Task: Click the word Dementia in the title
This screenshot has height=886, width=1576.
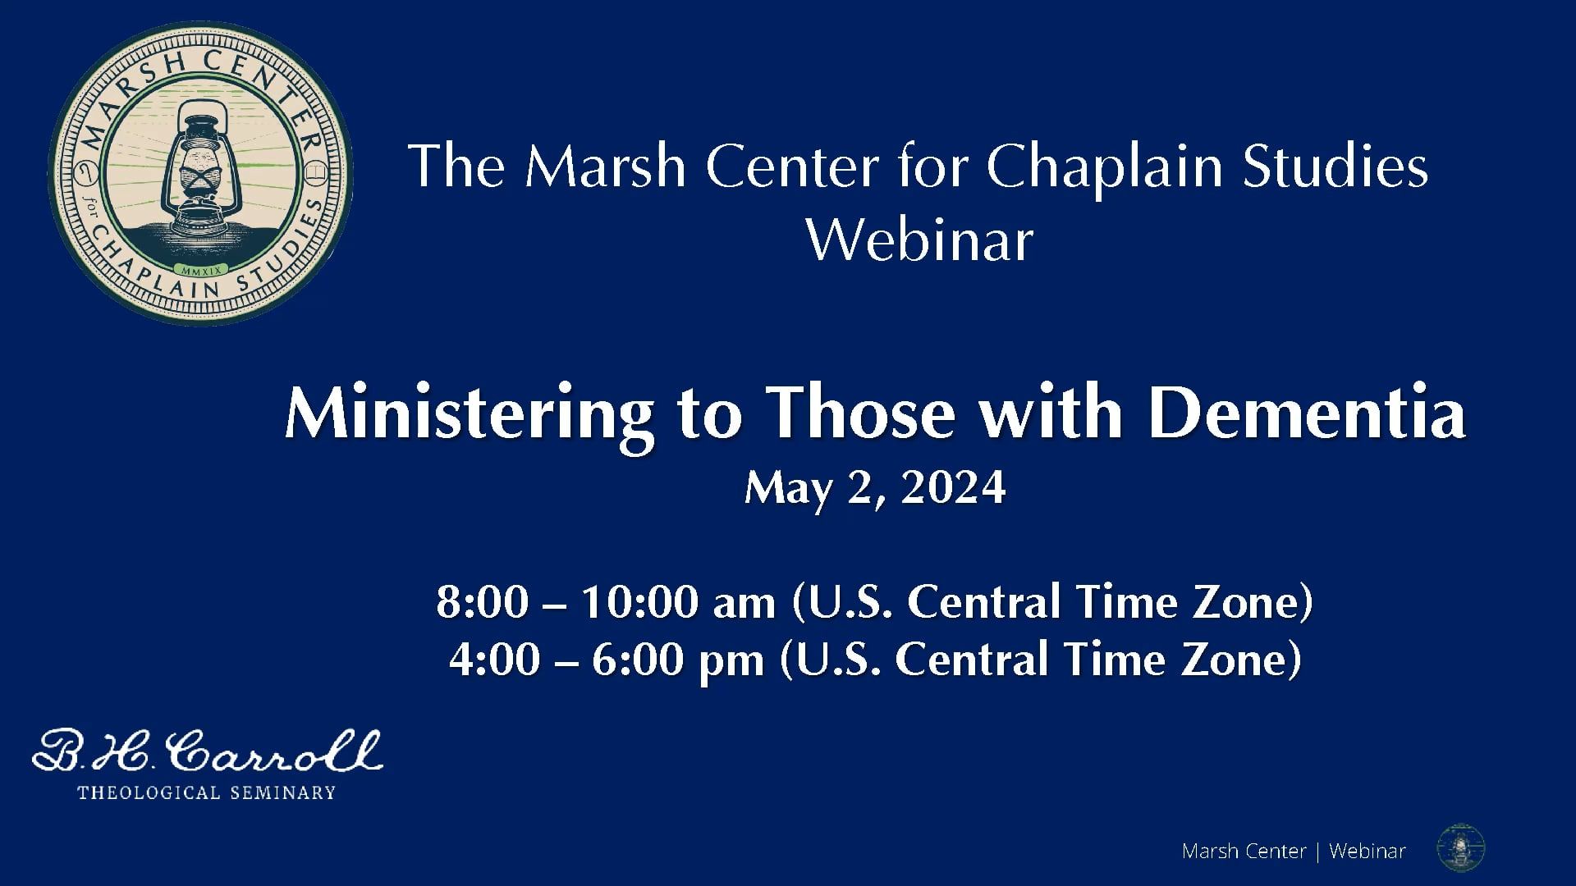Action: pos(1307,413)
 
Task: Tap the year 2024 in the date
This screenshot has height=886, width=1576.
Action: pos(952,488)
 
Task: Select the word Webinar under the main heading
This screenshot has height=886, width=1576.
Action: pos(920,240)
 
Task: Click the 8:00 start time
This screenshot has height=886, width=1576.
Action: pos(482,602)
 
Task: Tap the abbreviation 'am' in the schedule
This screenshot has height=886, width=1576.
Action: pos(744,605)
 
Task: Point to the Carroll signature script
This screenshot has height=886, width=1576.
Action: pos(207,751)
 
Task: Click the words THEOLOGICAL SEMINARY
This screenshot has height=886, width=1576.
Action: pos(206,792)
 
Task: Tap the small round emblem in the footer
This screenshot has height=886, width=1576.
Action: pos(1461,848)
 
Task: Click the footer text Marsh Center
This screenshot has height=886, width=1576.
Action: pos(1244,852)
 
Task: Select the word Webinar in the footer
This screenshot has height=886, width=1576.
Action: pos(1368,852)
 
